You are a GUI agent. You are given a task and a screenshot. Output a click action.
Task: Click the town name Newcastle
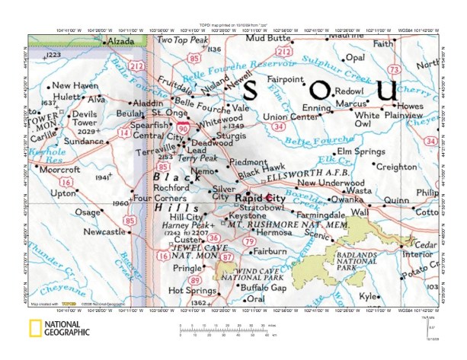(x=104, y=231)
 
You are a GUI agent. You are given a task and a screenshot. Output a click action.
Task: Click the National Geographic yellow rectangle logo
(x=35, y=329)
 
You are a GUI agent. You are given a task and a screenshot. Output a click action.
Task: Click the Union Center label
(x=290, y=116)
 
